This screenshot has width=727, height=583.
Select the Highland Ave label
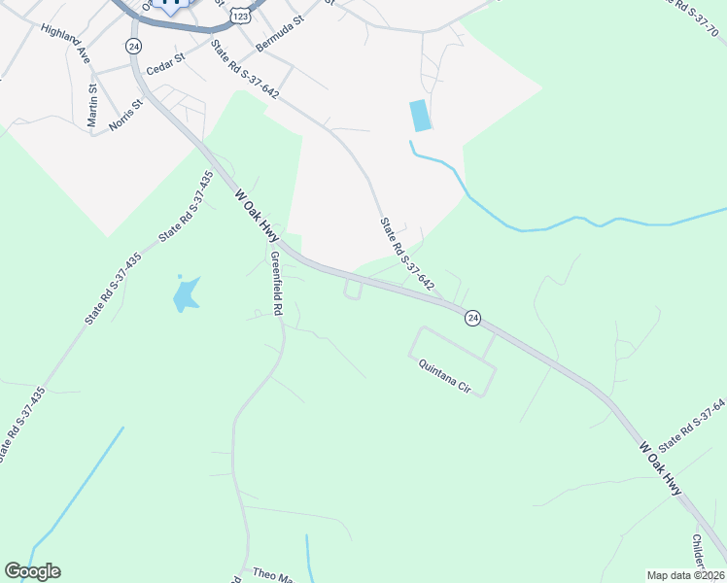coord(66,45)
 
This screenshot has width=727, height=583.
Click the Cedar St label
coord(164,69)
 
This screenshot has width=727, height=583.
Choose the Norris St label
coord(126,116)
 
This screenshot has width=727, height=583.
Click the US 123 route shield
coord(242,16)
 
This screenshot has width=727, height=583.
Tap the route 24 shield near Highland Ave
coord(133,46)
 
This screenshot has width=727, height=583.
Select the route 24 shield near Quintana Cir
coord(472,318)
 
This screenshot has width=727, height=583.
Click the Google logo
coord(32,571)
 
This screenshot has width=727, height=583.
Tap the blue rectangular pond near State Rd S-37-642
coord(420,116)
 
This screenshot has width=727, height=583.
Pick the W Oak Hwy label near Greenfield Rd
coord(257,216)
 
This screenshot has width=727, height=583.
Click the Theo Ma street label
coord(272,574)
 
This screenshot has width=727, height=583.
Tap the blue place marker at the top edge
coord(171,6)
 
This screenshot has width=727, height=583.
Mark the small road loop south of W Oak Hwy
coord(353,290)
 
